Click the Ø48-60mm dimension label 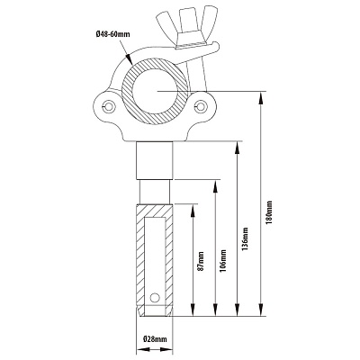[x=113, y=34]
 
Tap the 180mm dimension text [x=269, y=212]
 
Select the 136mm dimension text [x=246, y=239]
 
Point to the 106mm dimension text [x=223, y=260]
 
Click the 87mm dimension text [x=201, y=261]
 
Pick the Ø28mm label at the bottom [x=155, y=339]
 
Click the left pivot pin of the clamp [x=108, y=106]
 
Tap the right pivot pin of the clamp [x=200, y=105]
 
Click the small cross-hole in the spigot [x=155, y=297]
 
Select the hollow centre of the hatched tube [x=155, y=92]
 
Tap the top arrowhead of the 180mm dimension [x=262, y=99]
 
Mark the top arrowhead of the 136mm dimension [x=238, y=148]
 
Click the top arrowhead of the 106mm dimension [x=215, y=187]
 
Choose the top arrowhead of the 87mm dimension [x=193, y=211]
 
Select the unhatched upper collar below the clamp [x=155, y=160]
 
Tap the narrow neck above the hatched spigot [x=155, y=192]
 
